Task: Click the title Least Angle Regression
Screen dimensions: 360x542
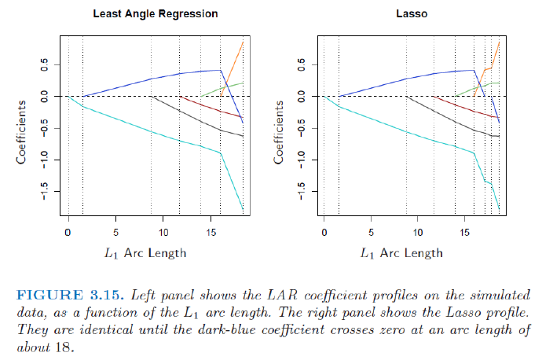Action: coord(155,14)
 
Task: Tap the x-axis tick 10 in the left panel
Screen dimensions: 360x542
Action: coord(164,233)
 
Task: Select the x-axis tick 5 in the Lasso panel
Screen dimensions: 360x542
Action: coord(372,233)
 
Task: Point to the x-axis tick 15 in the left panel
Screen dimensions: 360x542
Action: coord(212,233)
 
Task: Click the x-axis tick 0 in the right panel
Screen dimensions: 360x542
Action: coord(324,233)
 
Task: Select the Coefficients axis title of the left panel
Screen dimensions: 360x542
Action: coord(24,130)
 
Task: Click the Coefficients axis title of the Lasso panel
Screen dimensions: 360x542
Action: coord(280,130)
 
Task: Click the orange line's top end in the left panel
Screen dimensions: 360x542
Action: coord(243,41)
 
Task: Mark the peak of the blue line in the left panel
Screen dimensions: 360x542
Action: coord(219,70)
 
